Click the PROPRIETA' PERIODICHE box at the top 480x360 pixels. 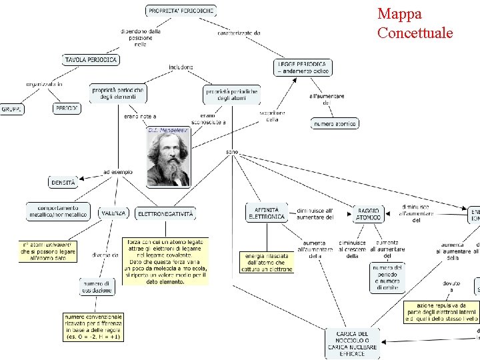181,11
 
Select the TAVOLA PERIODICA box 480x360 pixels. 91,60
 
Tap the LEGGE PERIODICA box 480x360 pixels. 303,67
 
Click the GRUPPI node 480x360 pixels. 13,109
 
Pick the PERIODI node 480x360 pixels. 66,107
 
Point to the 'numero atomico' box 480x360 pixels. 334,123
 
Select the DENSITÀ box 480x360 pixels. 63,181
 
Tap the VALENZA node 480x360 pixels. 114,213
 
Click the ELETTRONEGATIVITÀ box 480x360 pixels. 165,214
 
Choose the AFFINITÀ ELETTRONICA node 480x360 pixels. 267,213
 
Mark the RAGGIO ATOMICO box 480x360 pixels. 369,213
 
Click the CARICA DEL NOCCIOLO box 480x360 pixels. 353,343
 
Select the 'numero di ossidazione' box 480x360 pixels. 97,287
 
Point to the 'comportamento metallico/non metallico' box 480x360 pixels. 58,211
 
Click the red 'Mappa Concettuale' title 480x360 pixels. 415,23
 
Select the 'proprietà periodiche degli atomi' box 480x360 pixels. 231,94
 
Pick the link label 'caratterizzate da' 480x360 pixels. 239,33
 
